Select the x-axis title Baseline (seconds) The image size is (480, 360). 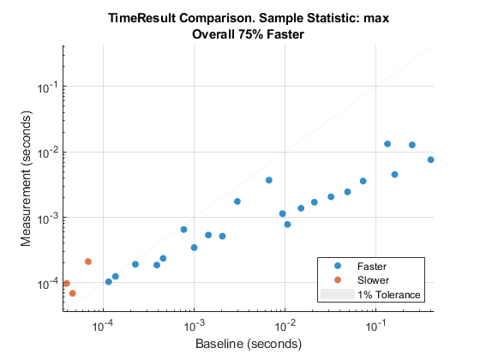point(248,345)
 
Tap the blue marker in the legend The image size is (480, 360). point(338,266)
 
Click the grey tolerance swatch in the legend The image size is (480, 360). point(338,294)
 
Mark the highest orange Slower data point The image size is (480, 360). point(88,261)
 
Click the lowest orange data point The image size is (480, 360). point(73,293)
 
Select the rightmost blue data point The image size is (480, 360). point(430,159)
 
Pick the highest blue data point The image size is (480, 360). point(387,144)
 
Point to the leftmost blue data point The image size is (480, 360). point(109,281)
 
